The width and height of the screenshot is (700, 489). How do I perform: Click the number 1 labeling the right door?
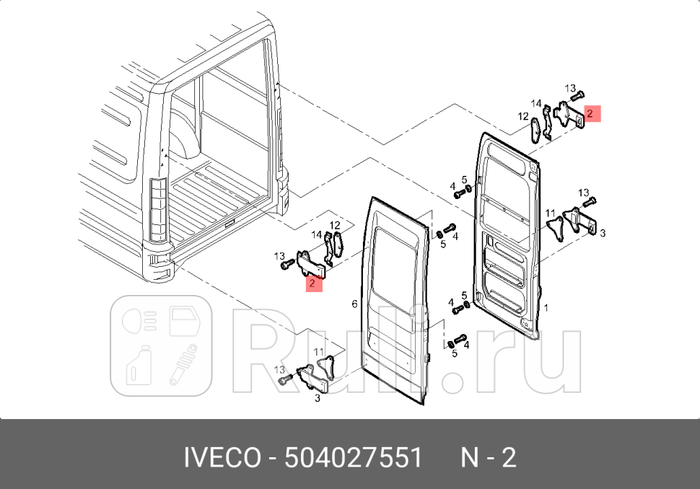pos(546,307)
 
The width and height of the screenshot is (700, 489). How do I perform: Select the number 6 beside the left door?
pos(354,304)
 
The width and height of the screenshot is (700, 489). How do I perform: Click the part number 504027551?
pos(353,457)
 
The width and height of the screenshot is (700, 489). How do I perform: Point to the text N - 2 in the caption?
pos(489,457)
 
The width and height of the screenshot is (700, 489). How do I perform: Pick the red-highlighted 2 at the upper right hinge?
pos(590,113)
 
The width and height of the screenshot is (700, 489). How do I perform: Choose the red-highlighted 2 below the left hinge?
pos(312,283)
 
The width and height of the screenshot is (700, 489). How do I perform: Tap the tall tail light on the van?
pos(157,208)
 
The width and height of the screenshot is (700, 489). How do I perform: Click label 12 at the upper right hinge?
pos(522,115)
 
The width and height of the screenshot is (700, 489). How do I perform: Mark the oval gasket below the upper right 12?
pos(535,132)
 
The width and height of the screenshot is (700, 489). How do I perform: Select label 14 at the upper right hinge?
pos(537,103)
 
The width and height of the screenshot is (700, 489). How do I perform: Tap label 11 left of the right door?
pos(550,213)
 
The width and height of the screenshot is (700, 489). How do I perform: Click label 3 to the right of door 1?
pos(603,233)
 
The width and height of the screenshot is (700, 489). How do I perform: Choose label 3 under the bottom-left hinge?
pos(318,397)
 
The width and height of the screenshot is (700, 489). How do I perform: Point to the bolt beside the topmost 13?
pos(578,94)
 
